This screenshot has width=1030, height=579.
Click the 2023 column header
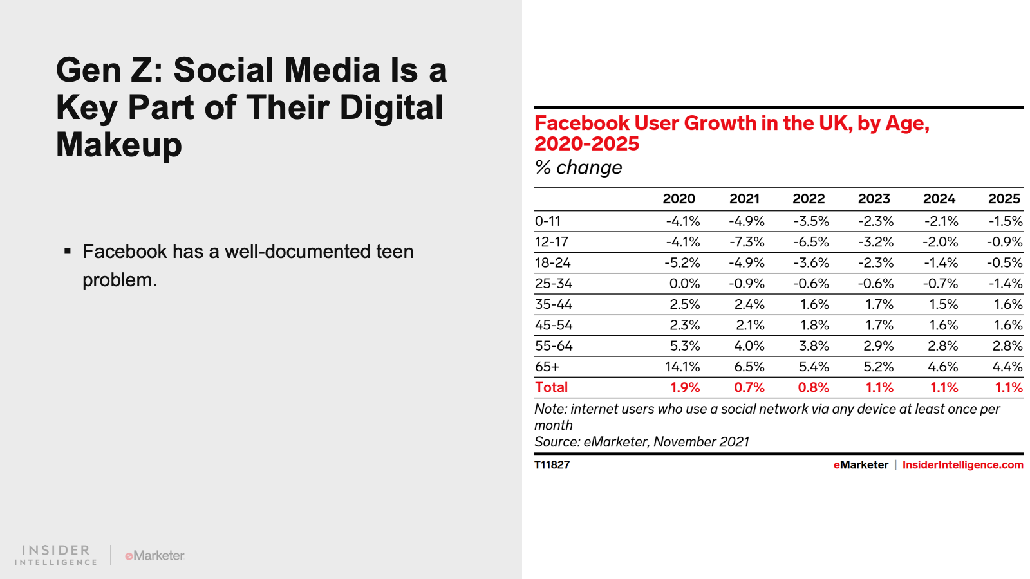coord(874,199)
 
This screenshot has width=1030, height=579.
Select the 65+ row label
coord(547,367)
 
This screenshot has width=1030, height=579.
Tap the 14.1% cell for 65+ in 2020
coord(682,367)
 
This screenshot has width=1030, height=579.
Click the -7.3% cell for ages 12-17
coord(747,242)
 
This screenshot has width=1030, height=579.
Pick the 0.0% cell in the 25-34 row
coord(684,284)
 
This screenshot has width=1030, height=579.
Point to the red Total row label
coord(551,387)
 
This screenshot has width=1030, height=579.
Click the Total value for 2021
coord(749,387)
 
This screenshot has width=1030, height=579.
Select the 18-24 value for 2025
coord(1005,262)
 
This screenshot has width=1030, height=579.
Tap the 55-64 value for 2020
coord(685,346)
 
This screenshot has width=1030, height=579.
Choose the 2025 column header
coord(1004,199)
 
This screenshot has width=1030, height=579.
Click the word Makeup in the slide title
coord(119,145)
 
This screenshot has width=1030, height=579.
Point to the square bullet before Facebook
coord(68,251)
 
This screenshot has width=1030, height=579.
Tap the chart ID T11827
coord(552,464)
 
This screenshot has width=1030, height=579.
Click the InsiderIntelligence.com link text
coord(962,464)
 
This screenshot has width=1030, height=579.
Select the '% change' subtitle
coord(578,167)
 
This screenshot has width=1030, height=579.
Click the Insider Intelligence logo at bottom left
coord(56,555)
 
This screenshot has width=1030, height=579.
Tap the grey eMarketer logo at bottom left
coord(154,555)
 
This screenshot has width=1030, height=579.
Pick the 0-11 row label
coord(547,221)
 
